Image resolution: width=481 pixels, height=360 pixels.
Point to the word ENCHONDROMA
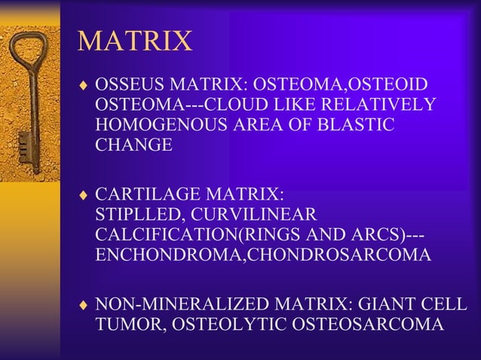(170, 255)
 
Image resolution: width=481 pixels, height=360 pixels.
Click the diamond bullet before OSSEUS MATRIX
(84, 84)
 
